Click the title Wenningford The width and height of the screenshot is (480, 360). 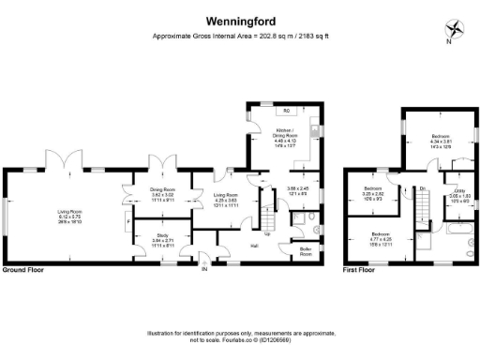click(240, 19)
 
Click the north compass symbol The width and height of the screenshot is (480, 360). click(451, 29)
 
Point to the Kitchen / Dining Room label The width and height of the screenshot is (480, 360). click(286, 136)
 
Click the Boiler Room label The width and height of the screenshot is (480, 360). click(306, 251)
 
